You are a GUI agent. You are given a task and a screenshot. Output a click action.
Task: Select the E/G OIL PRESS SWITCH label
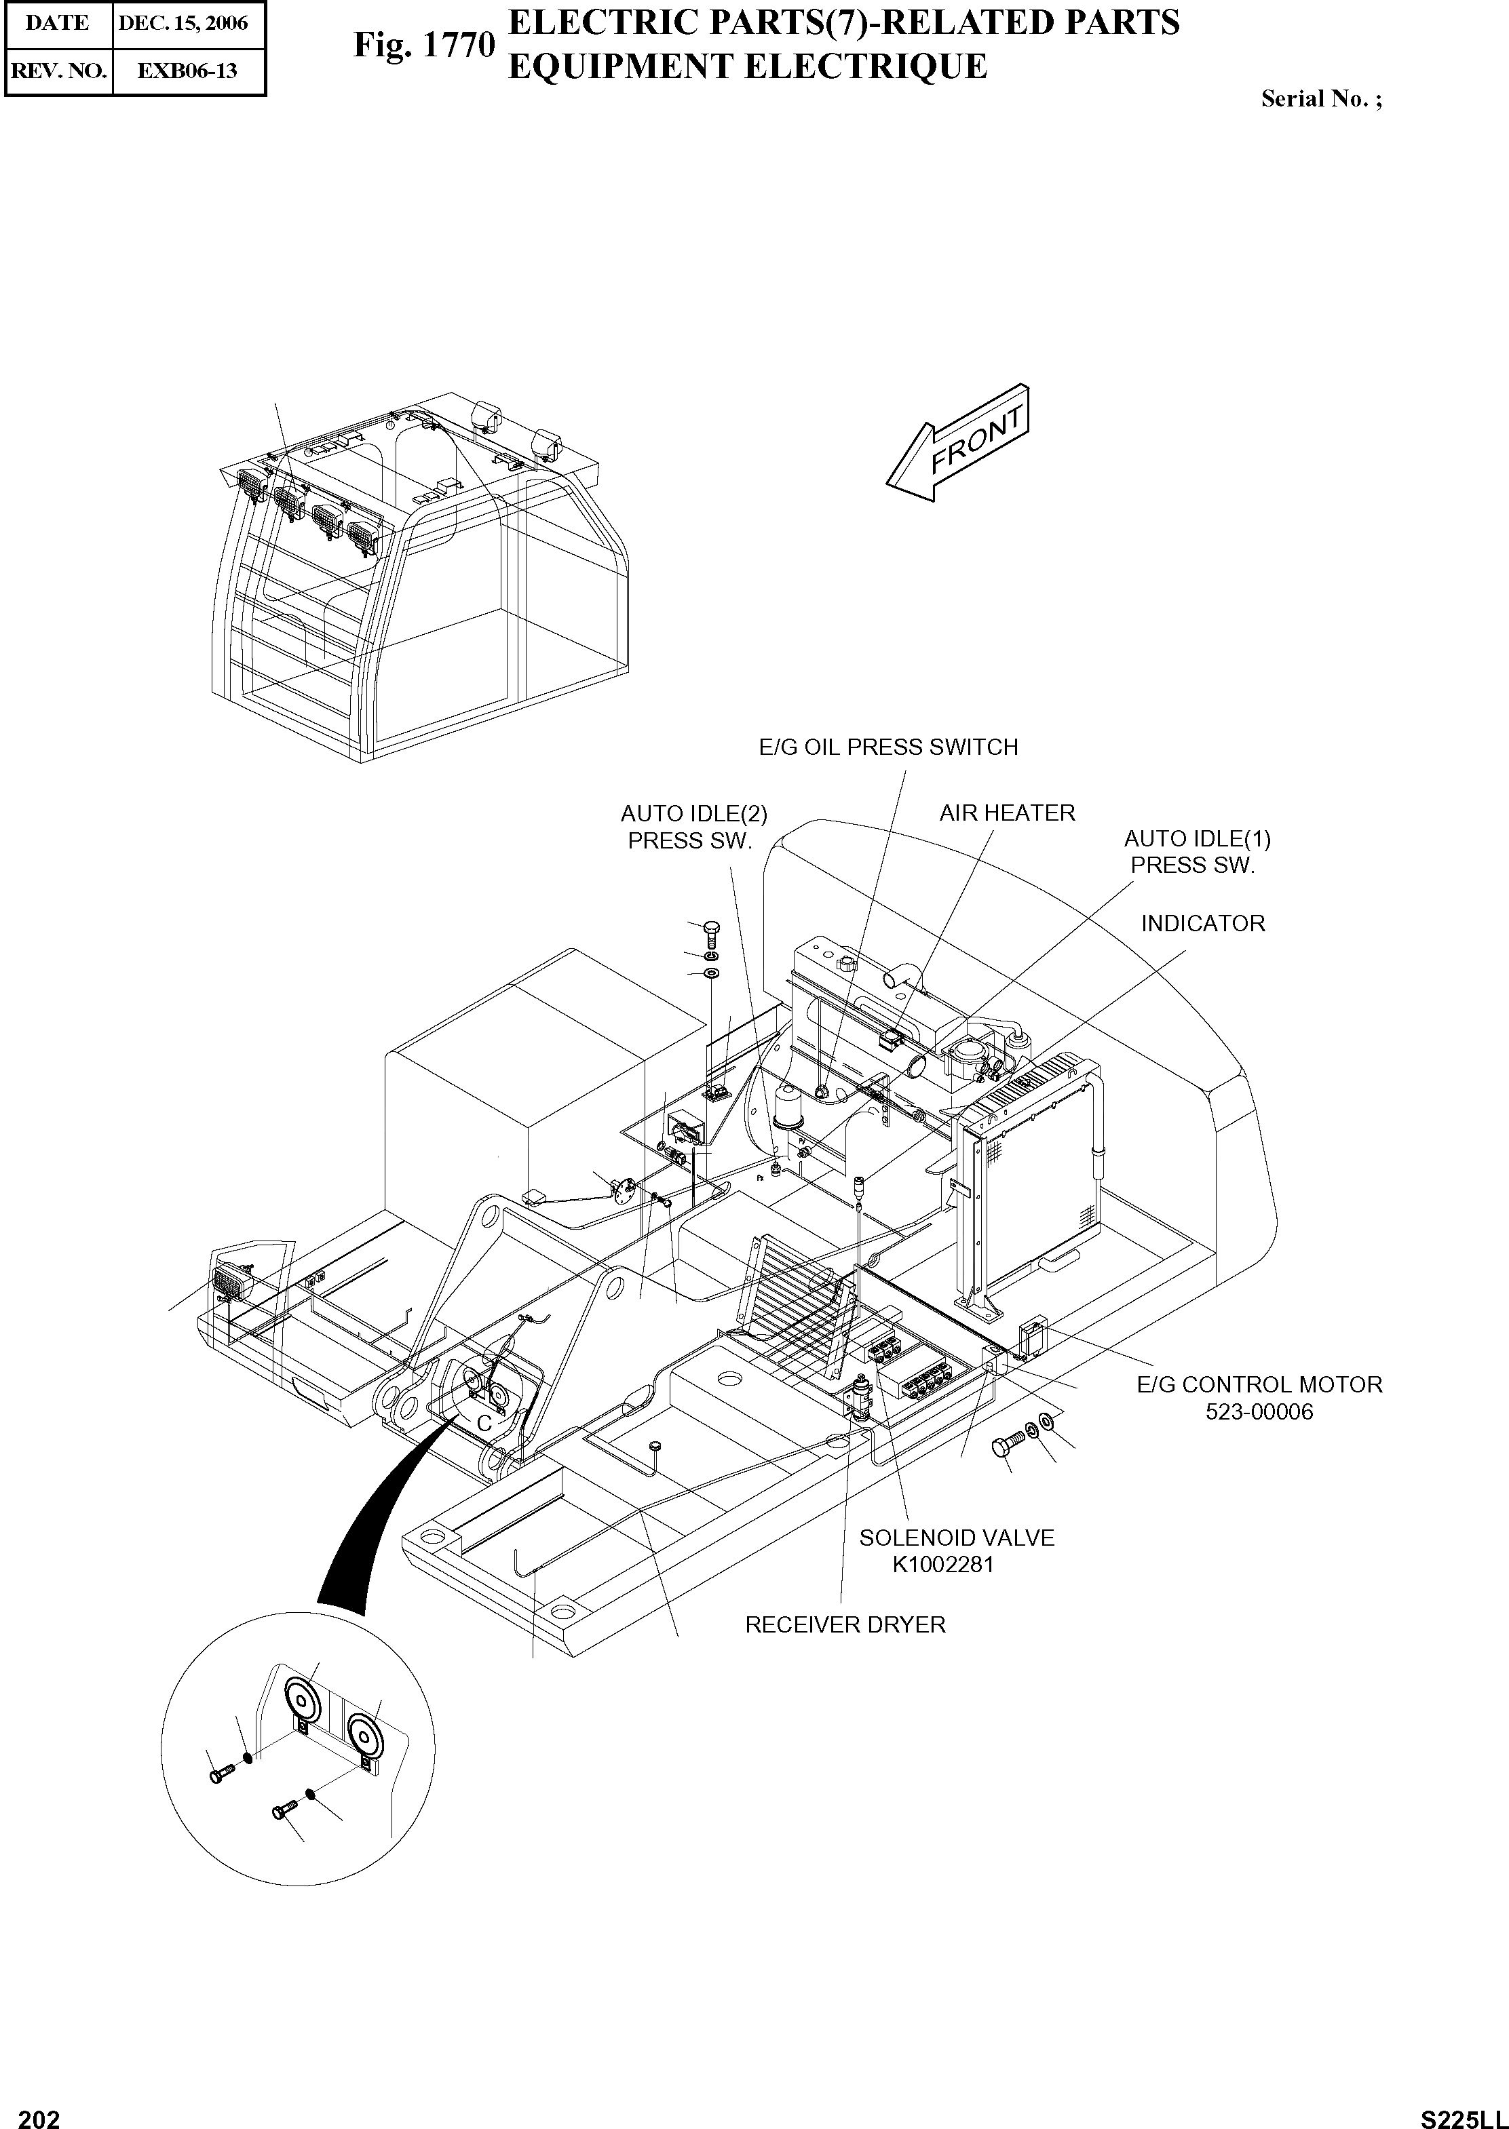[x=887, y=747]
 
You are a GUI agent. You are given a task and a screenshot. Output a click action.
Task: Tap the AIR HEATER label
[x=1006, y=813]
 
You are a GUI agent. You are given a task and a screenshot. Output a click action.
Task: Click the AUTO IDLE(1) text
[x=1197, y=839]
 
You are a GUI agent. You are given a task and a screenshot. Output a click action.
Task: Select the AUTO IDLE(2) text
[x=693, y=814]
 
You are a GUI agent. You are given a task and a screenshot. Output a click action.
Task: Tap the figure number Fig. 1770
[x=423, y=45]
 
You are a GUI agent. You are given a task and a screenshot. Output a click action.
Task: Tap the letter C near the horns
[x=484, y=1423]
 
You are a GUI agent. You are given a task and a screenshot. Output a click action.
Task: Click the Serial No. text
[x=1320, y=100]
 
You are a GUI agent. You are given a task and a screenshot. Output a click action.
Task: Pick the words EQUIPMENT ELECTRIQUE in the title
[x=747, y=67]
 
